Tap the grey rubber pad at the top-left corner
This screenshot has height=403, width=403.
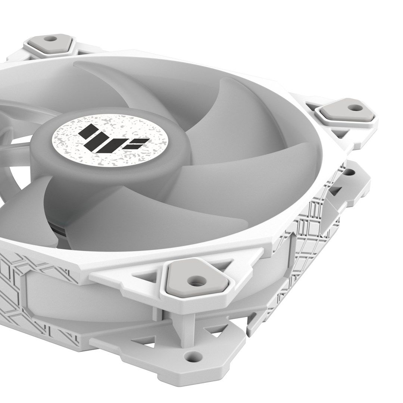click(49, 43)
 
